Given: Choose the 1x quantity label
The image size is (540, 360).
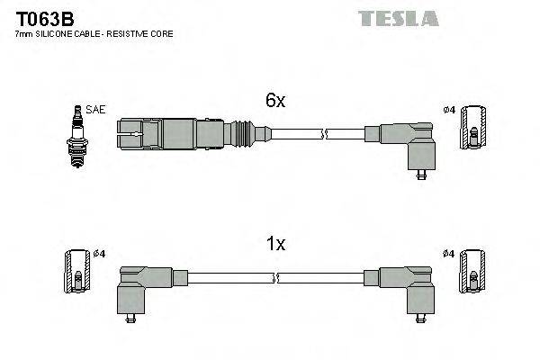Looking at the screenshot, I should point(275,243).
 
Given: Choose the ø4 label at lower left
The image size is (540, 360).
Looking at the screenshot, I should point(99,254).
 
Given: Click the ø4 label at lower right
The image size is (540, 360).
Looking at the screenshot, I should point(449,254).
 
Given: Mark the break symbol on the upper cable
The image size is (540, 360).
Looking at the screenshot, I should point(326,135).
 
